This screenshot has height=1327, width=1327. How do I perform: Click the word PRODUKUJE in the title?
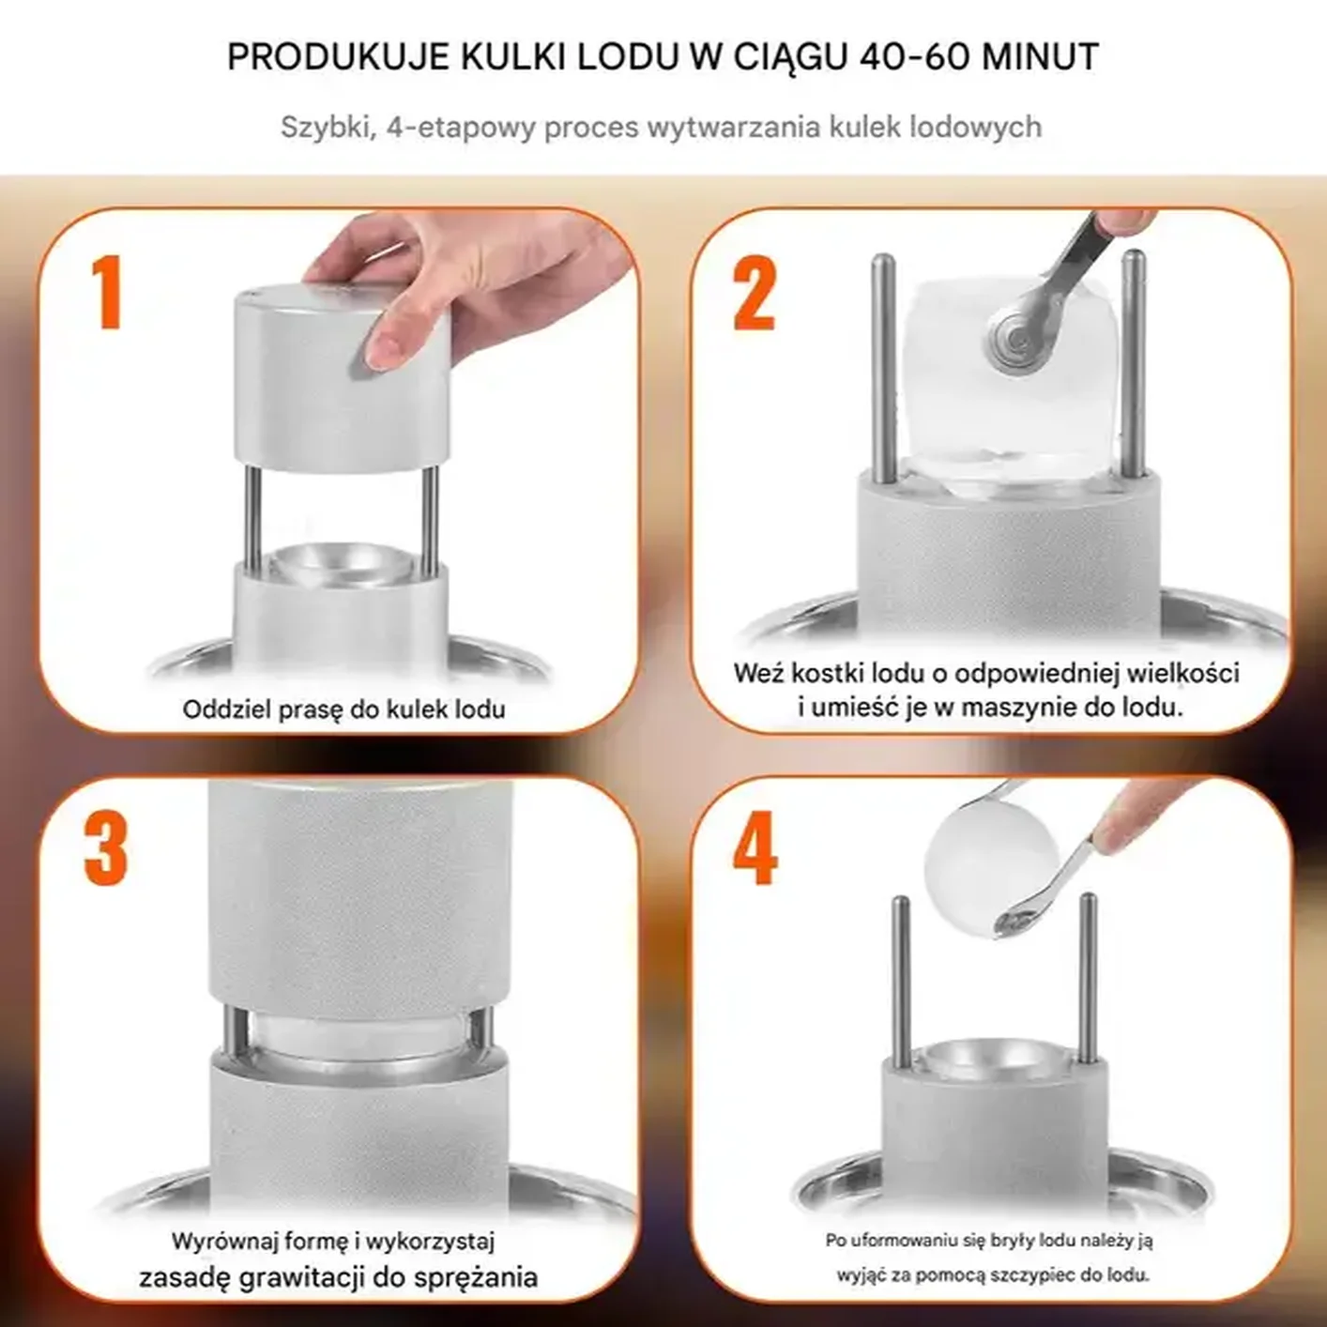[340, 57]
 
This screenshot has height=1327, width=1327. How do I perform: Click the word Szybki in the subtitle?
[328, 128]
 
